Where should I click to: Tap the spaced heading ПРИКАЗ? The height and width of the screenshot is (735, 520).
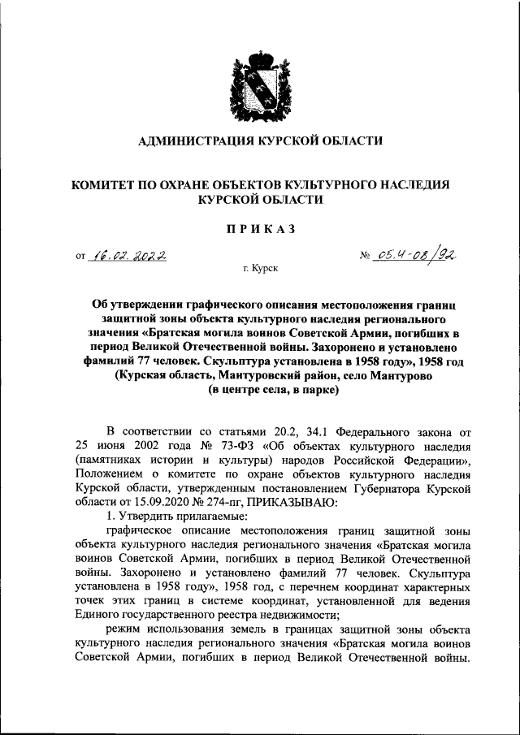259,229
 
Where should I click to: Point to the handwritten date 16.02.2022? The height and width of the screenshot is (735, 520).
130,256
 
